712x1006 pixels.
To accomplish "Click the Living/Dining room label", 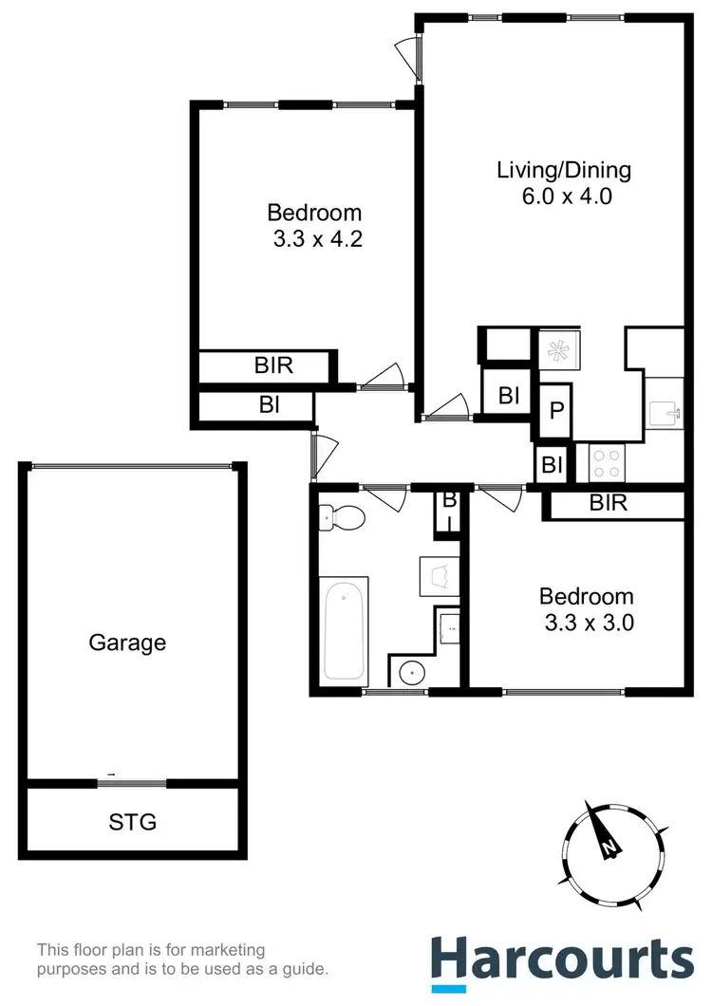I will [x=564, y=171].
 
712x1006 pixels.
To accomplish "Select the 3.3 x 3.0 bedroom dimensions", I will [x=586, y=624].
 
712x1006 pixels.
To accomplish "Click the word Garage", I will [x=127, y=643].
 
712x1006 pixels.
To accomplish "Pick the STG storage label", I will [x=133, y=821].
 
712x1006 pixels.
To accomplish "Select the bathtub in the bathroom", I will [x=343, y=629].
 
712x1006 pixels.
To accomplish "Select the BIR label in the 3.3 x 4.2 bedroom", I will [x=273, y=365].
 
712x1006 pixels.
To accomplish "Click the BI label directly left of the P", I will [x=509, y=395].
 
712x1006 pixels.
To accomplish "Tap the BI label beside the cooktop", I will [x=552, y=465].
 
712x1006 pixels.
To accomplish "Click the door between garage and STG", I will [x=132, y=783].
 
